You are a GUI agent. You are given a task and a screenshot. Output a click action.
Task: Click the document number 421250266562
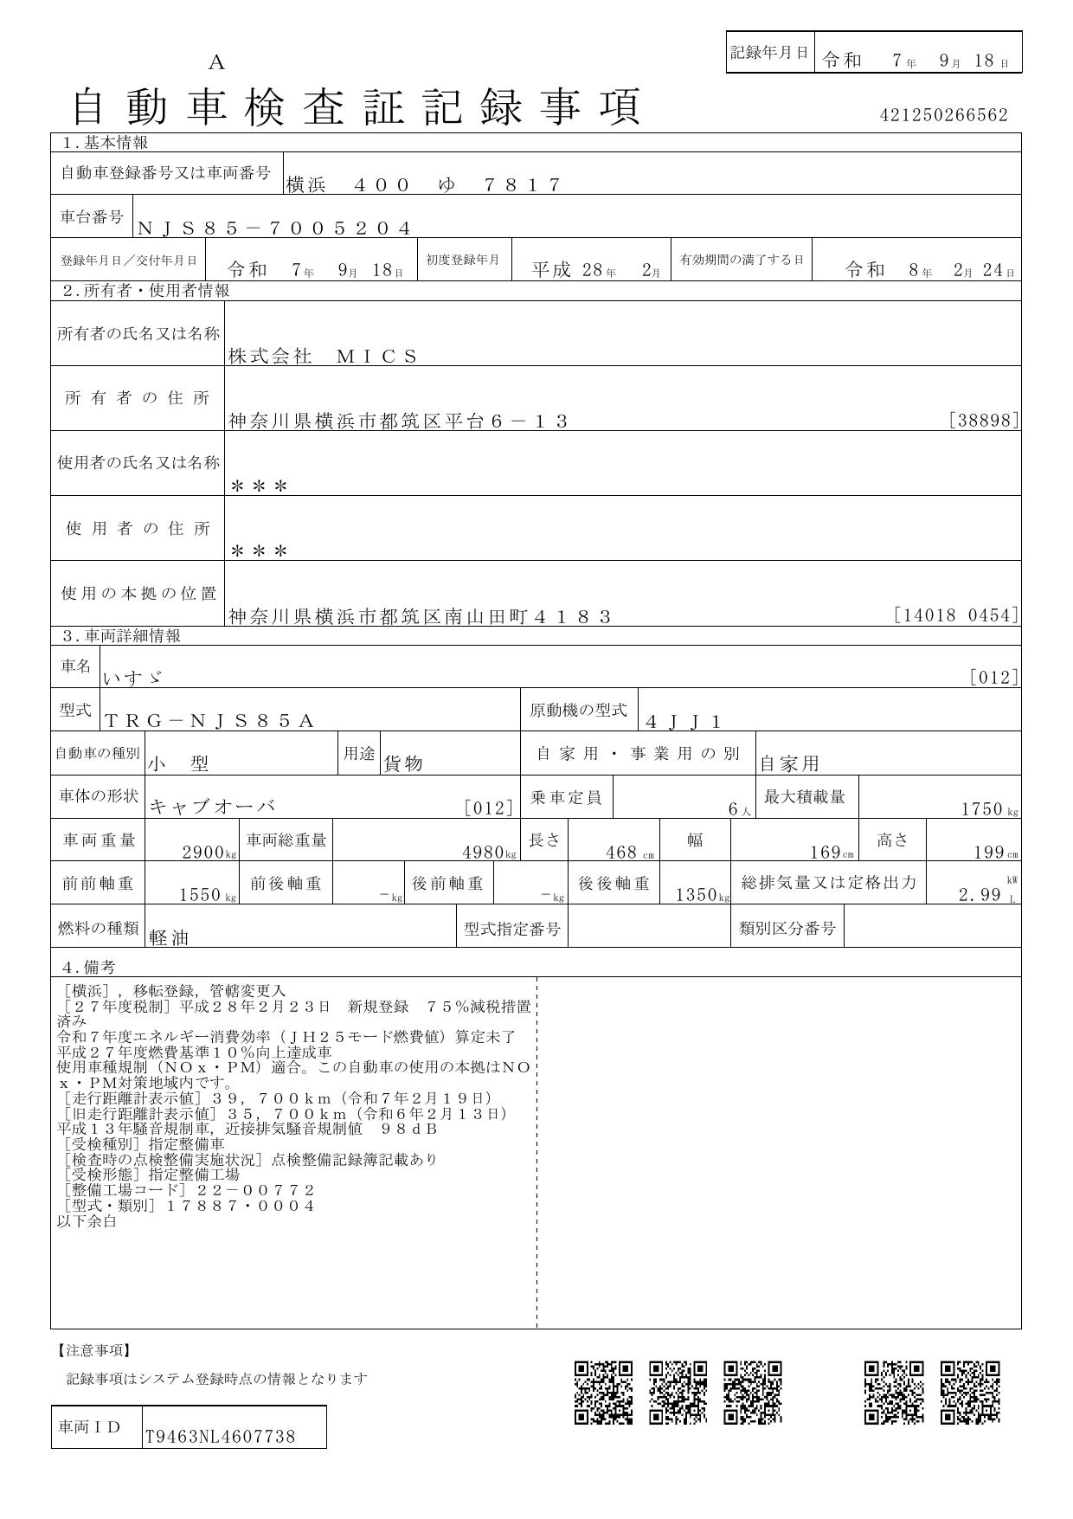[943, 115]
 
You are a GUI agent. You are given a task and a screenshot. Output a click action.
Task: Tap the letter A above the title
[216, 62]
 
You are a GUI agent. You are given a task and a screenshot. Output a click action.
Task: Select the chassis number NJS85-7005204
[273, 228]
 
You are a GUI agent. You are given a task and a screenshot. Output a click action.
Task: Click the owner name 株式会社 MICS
[323, 356]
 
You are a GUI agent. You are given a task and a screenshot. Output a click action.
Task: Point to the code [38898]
[984, 421]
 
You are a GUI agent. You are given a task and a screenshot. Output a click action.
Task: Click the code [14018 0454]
[956, 615]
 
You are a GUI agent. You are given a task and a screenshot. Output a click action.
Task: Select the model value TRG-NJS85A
[209, 721]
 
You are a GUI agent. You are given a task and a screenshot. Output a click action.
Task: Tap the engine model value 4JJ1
[684, 721]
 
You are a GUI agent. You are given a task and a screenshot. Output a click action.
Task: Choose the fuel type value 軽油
[169, 937]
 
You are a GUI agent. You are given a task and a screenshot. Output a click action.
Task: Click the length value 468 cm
[629, 853]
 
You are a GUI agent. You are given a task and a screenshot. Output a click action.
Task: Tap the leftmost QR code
[603, 1392]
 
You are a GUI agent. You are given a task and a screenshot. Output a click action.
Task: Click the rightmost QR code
[970, 1392]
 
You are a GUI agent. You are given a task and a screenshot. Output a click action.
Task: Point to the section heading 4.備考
[87, 967]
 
